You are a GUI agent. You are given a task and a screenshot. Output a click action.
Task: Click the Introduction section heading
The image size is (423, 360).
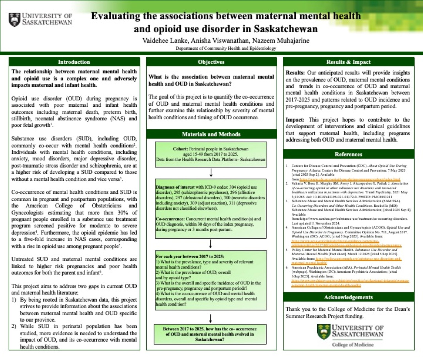[74, 62]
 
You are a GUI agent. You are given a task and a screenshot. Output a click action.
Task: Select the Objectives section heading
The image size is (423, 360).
[211, 62]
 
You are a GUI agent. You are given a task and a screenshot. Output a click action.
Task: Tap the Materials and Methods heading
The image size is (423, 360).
[211, 134]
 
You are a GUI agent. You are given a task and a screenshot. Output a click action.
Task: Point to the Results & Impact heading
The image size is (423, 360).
[348, 62]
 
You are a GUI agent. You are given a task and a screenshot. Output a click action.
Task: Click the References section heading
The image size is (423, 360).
[348, 154]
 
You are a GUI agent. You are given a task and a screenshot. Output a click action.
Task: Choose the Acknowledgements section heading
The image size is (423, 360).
[348, 297]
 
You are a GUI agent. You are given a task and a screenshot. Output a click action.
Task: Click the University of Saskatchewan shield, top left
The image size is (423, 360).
[14, 20]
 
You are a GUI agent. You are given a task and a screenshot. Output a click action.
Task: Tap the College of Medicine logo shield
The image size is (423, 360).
[324, 332]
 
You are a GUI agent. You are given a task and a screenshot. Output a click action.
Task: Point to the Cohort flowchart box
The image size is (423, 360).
[211, 154]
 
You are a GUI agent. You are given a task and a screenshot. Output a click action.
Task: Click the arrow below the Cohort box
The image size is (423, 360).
[211, 173]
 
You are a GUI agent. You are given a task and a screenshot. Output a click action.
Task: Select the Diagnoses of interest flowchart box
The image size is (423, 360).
[211, 208]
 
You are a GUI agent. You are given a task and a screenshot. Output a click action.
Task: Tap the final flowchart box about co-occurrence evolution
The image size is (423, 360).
[211, 334]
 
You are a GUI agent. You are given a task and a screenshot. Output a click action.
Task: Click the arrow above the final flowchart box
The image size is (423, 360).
[211, 318]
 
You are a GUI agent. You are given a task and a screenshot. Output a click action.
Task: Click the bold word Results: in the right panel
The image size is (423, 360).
[295, 73]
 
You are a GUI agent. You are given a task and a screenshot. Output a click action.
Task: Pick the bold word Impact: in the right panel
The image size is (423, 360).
[295, 120]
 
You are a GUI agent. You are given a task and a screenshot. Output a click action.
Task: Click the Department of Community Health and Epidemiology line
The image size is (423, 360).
[226, 48]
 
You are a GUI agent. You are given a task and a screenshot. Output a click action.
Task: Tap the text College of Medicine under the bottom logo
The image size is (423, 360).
[352, 345]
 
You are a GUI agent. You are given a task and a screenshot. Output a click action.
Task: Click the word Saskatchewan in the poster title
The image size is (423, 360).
[286, 29]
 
